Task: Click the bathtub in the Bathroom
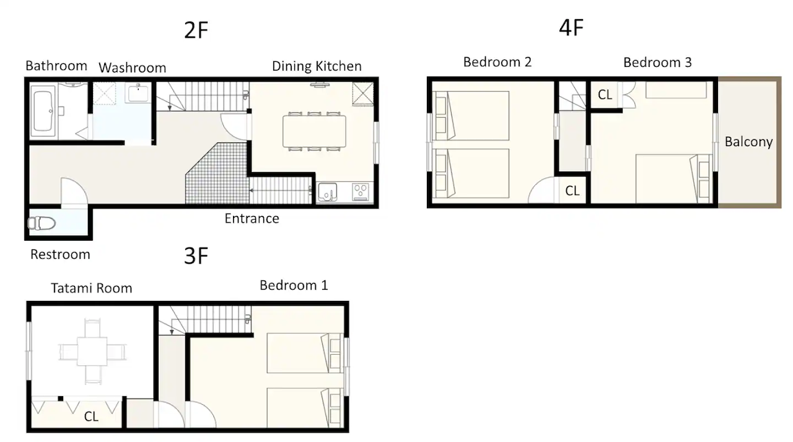43,111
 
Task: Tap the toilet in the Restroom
42,223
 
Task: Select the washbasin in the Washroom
138,93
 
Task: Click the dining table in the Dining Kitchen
314,131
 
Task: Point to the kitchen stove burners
361,193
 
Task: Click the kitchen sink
328,193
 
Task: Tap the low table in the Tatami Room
92,352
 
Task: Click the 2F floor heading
196,30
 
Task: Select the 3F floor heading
196,256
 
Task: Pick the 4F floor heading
571,28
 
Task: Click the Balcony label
748,142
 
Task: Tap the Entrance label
252,219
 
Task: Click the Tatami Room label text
91,288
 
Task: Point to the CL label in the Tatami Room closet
91,417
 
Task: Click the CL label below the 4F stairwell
572,191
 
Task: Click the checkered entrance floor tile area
217,173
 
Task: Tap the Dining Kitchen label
317,66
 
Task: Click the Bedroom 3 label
657,63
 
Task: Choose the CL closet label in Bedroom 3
605,95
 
